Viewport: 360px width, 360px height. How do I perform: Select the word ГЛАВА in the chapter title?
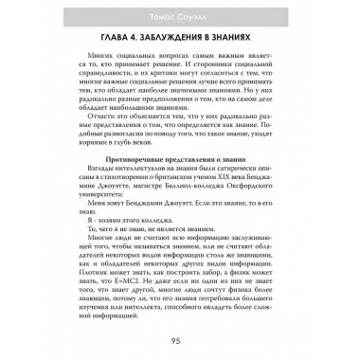click(x=119, y=39)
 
